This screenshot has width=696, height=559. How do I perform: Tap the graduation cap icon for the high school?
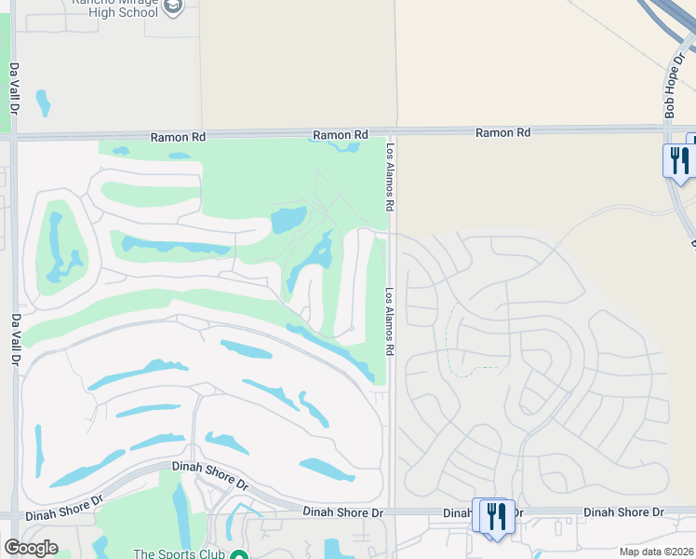pos(173,7)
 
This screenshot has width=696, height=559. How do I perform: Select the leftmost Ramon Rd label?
pos(179,137)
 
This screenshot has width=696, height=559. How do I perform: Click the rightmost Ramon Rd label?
pos(502,133)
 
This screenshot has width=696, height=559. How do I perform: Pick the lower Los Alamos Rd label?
pos(391,320)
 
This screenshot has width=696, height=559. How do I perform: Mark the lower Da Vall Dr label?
pos(16,340)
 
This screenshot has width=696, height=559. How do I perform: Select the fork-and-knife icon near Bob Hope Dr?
pos(679,159)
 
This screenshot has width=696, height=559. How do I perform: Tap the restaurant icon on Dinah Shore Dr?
pos(494,514)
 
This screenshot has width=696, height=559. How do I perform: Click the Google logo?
pos(31,548)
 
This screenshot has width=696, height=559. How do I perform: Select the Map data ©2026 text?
pos(656,552)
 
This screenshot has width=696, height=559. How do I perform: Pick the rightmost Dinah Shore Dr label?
pos(623,512)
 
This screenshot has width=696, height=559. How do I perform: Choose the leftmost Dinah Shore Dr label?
pos(65,508)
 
